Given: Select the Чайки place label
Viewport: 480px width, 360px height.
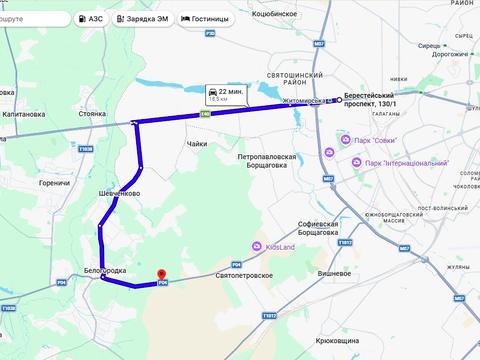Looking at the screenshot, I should click(x=196, y=144).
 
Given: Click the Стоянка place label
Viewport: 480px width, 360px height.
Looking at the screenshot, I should click(x=93, y=114).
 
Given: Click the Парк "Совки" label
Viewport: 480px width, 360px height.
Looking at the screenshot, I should click(x=372, y=140).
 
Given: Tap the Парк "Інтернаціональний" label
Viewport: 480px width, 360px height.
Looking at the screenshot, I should click(x=406, y=163).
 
